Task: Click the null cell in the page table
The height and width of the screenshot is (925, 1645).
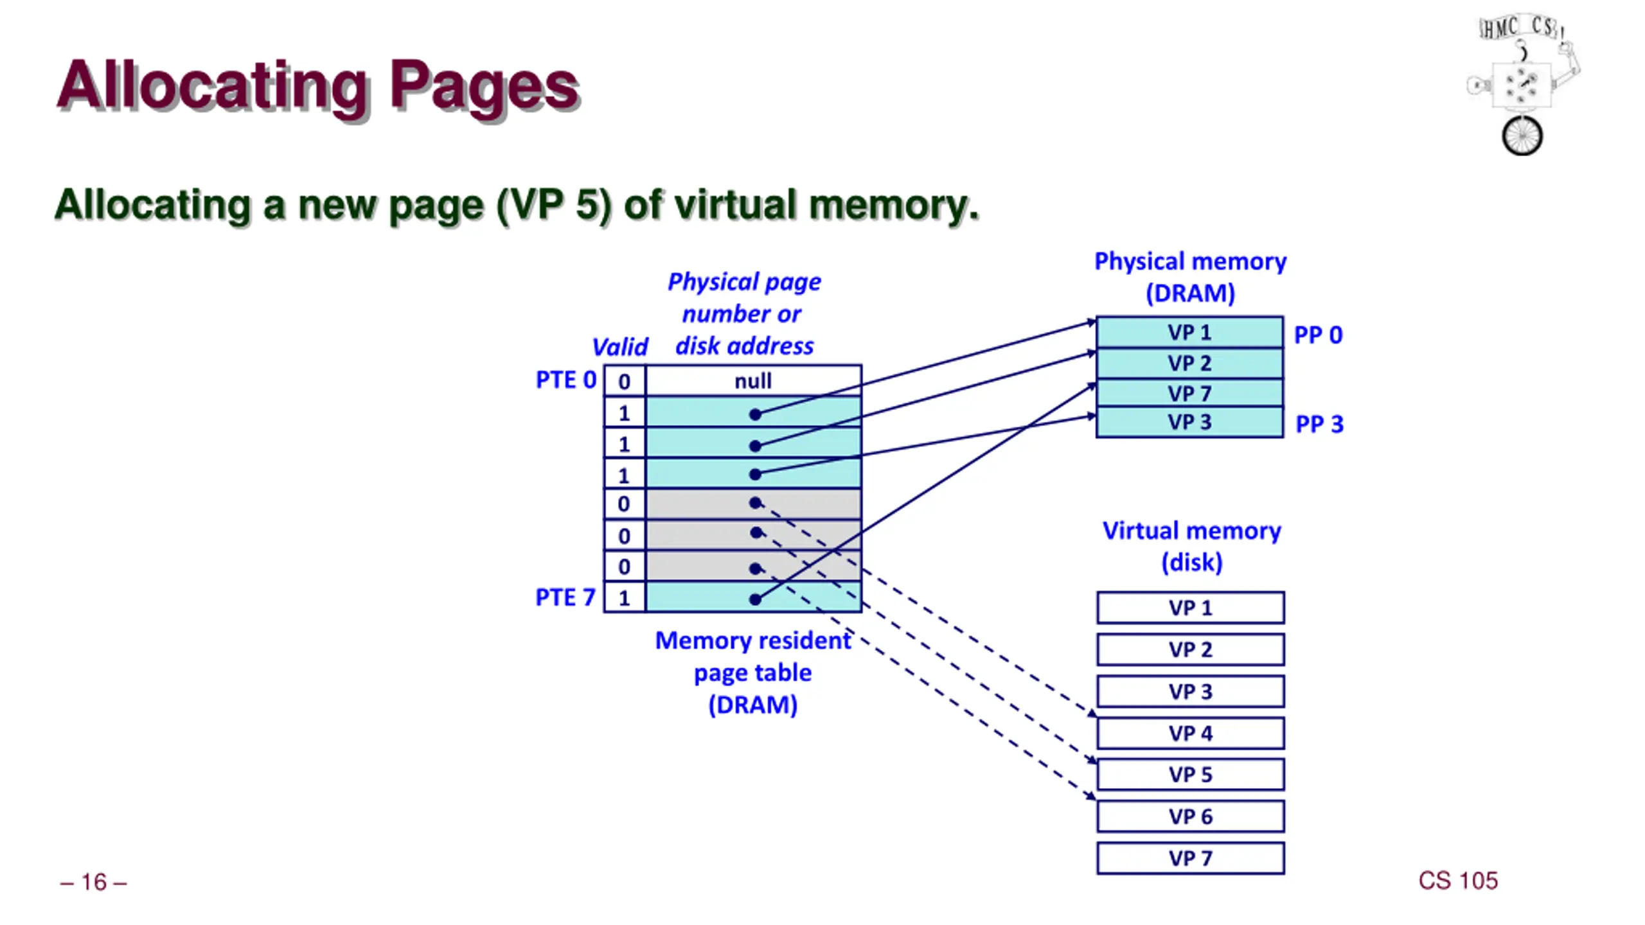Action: coord(753,381)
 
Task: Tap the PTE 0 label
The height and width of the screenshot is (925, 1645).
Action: coord(566,380)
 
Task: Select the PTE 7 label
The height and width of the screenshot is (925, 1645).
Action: coord(565,597)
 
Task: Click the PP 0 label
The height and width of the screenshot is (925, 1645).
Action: coord(1318,335)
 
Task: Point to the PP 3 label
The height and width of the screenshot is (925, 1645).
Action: coord(1319,425)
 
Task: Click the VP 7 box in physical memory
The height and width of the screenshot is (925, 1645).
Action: coord(1189,393)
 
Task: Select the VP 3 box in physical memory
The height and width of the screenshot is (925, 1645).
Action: coord(1189,423)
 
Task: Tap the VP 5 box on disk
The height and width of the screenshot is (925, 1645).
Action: coord(1191,775)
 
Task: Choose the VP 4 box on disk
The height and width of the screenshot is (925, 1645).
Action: coord(1191,733)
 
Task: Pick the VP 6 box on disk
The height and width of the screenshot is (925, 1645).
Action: coord(1191,816)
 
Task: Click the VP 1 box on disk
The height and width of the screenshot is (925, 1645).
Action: coord(1191,608)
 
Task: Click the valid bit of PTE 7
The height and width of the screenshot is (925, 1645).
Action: coord(624,598)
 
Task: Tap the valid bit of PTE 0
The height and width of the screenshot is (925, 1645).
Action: coord(624,382)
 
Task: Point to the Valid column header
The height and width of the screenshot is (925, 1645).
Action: coord(620,347)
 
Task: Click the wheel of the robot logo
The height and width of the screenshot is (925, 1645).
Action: coord(1522,136)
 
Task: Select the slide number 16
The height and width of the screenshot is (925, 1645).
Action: coord(94,883)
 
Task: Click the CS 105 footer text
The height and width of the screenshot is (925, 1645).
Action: coord(1458,881)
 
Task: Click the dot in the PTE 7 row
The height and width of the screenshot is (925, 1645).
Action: coord(755,600)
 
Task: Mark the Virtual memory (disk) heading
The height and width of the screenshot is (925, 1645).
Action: coord(1192,547)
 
